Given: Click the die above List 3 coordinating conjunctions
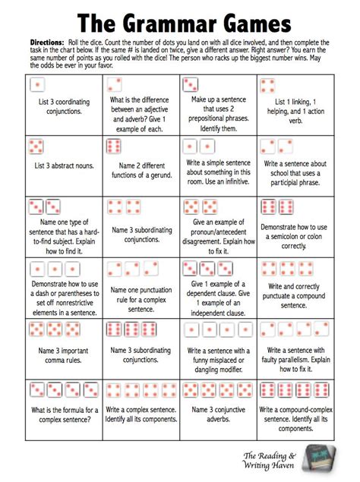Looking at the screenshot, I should click(x=36, y=83).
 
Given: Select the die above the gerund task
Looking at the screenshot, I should click(x=115, y=146).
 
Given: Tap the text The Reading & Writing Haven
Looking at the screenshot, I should click(x=269, y=460).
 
